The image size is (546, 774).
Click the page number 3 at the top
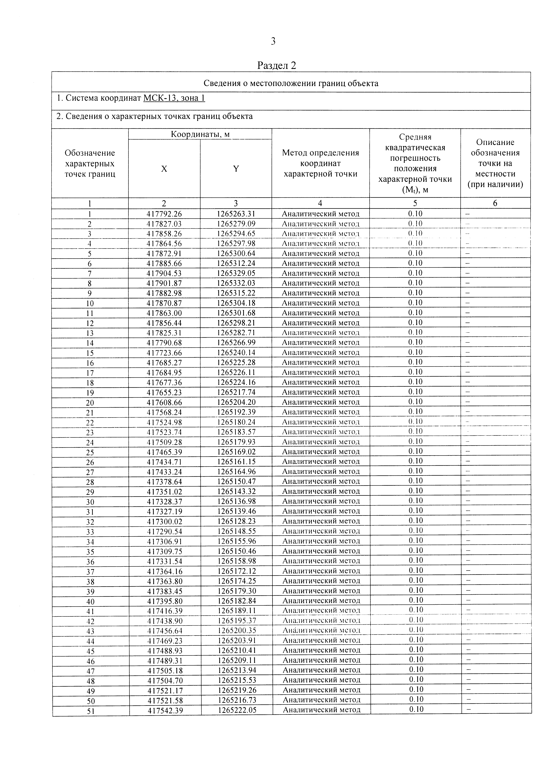[x=273, y=41]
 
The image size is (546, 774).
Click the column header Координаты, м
[x=200, y=134]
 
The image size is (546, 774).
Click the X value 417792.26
[x=164, y=214]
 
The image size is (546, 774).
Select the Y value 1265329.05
[x=236, y=273]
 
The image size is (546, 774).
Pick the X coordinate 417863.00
[x=164, y=313]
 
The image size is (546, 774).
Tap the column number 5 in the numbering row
[x=415, y=203]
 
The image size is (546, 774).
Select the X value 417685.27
[x=164, y=362]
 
